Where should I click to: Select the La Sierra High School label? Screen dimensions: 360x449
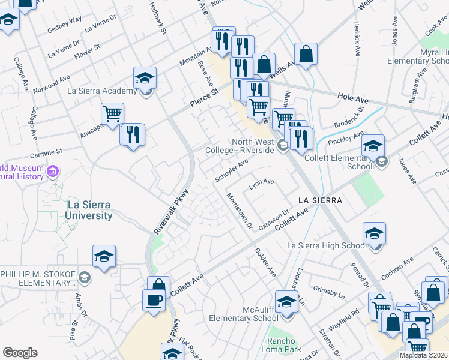coord(327,245)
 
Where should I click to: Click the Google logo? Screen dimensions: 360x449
coord(20,353)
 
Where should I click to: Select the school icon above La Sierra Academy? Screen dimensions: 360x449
coord(145,78)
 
